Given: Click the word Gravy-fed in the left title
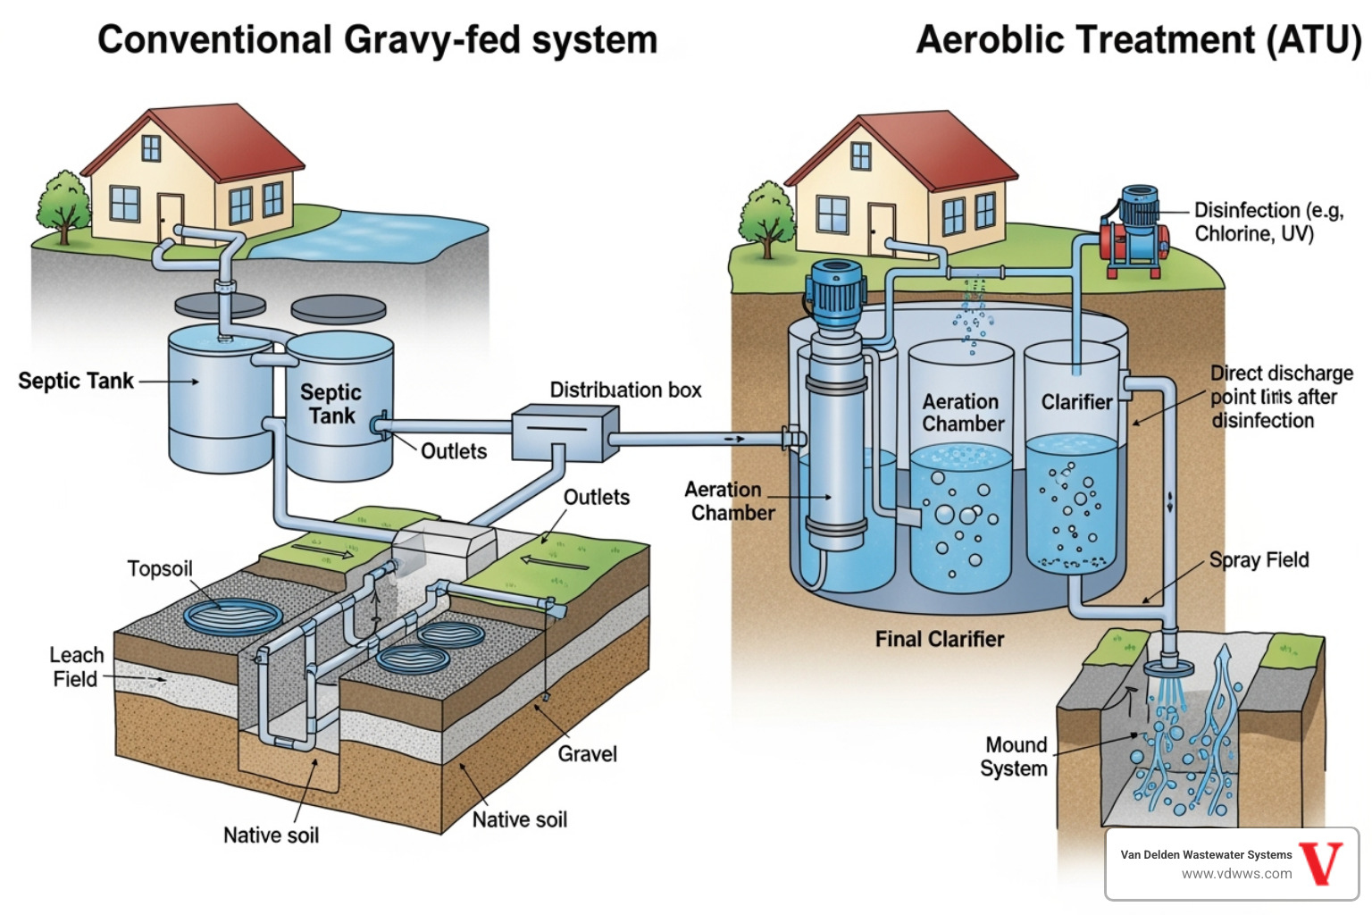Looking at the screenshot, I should click(x=430, y=40).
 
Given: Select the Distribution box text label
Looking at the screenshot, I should click(x=625, y=390).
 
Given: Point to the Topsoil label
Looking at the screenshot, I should click(x=160, y=569).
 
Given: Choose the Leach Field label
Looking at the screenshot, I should click(x=76, y=667).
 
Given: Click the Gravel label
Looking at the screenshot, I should click(x=587, y=754).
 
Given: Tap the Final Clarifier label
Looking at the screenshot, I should click(x=939, y=640).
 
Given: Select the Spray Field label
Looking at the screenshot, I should click(x=1259, y=560).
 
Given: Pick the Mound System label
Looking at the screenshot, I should click(x=1015, y=757).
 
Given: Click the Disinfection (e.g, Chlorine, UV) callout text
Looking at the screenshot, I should click(x=1267, y=222).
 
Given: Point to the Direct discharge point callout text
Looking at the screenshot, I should click(x=1280, y=397).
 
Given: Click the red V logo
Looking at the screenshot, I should click(x=1321, y=862).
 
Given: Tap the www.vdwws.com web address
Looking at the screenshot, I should click(x=1236, y=874).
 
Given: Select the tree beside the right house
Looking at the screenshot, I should click(x=766, y=219).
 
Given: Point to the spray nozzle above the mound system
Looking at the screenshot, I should click(x=1169, y=667).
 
